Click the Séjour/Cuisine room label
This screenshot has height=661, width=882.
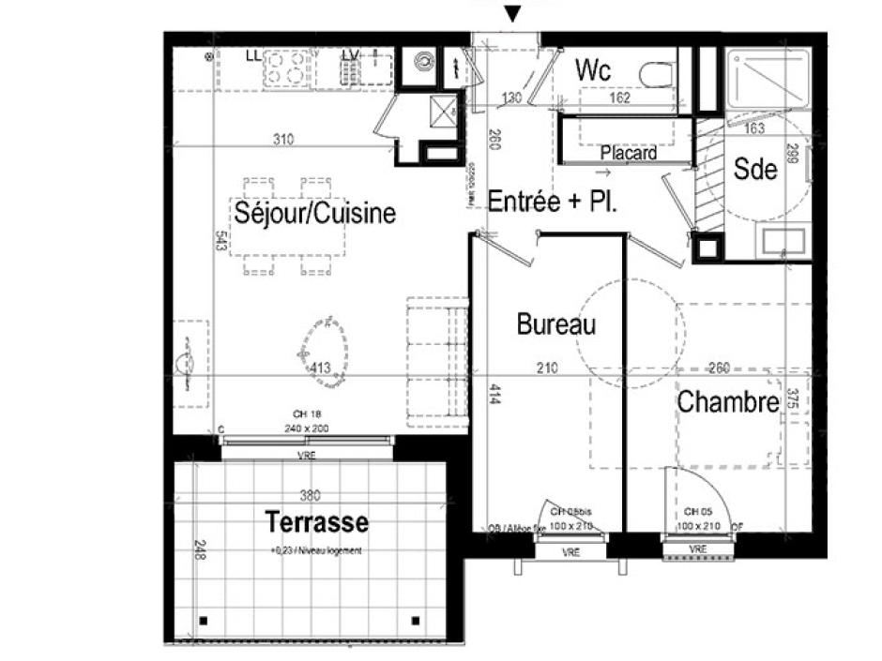click(x=314, y=213)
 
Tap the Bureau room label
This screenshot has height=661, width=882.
click(x=556, y=324)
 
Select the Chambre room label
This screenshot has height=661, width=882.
click(x=728, y=402)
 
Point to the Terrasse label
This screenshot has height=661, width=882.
click(x=316, y=521)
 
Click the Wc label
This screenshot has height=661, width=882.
click(x=594, y=71)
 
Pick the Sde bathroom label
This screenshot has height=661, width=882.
click(x=755, y=169)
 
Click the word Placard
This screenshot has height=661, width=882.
click(x=629, y=152)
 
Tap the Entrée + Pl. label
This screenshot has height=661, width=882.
click(x=553, y=203)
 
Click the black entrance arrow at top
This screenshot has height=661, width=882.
click(x=511, y=13)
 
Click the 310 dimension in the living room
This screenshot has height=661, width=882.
click(x=283, y=140)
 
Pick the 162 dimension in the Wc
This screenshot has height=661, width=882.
click(x=619, y=98)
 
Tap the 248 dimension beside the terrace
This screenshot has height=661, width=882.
click(x=198, y=549)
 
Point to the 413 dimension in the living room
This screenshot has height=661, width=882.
click(x=319, y=368)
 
